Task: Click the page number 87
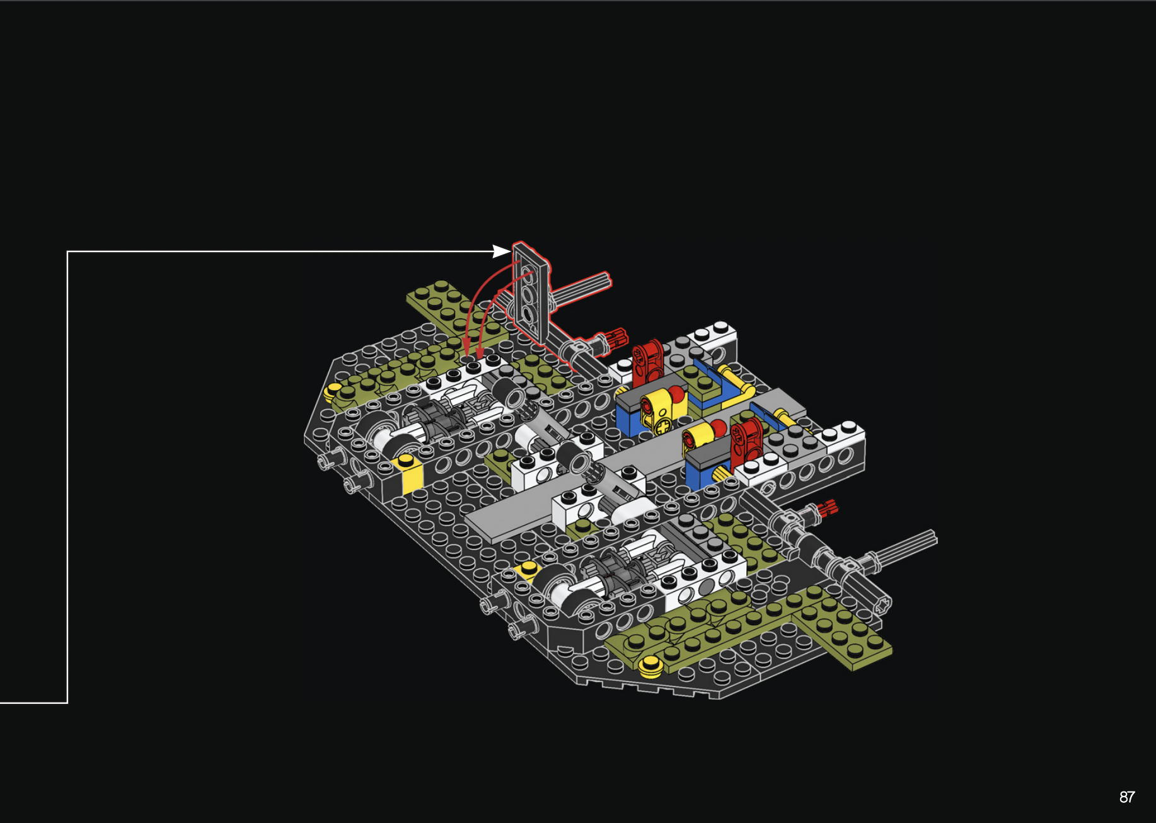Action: (x=1127, y=797)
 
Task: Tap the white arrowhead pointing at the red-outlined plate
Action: (x=502, y=251)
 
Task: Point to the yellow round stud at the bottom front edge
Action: (x=650, y=665)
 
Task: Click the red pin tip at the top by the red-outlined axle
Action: (x=616, y=338)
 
